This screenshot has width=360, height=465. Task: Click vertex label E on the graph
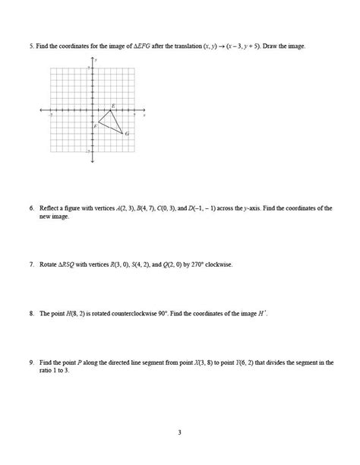[x=113, y=105]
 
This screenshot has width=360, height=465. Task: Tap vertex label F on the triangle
[x=96, y=125]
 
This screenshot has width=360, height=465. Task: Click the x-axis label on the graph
[x=144, y=114]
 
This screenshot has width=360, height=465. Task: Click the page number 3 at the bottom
[x=180, y=433]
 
